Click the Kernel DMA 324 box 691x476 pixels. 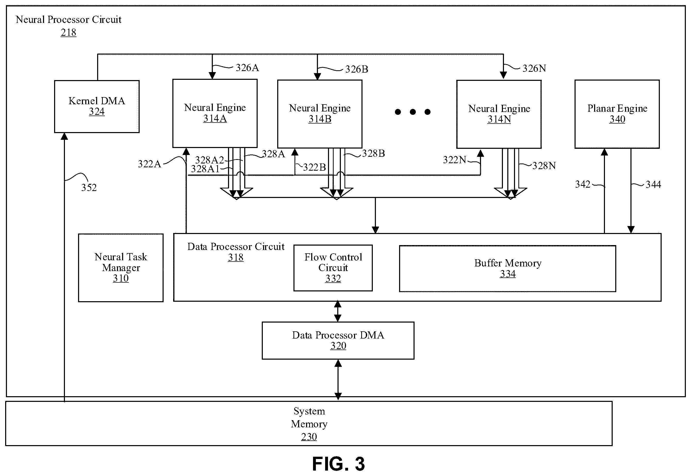pyautogui.click(x=97, y=107)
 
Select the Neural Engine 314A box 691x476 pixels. pyautogui.click(x=215, y=113)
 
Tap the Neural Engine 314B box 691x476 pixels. pyautogui.click(x=320, y=114)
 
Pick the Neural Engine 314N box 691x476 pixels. pyautogui.click(x=499, y=114)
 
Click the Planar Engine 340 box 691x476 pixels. pyautogui.click(x=617, y=114)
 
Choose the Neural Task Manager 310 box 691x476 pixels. pyautogui.click(x=121, y=268)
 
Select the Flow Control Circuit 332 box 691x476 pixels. pyautogui.click(x=333, y=268)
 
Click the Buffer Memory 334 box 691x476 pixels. pyautogui.click(x=508, y=269)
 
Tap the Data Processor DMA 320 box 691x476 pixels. pyautogui.click(x=338, y=340)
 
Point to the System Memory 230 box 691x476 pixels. pyautogui.click(x=309, y=423)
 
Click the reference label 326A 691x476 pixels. pyautogui.click(x=247, y=68)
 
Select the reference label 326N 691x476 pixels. pyautogui.click(x=534, y=68)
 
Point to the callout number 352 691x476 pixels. pyautogui.click(x=89, y=188)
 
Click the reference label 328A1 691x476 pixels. pyautogui.click(x=205, y=169)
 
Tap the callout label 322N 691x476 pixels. pyautogui.click(x=454, y=160)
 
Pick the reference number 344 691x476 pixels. pyautogui.click(x=653, y=185)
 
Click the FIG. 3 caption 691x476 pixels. pyautogui.click(x=339, y=464)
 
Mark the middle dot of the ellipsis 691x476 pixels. pyautogui.click(x=413, y=112)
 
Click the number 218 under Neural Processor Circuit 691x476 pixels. pyautogui.click(x=68, y=32)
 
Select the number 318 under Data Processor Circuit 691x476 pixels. pyautogui.click(x=235, y=257)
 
